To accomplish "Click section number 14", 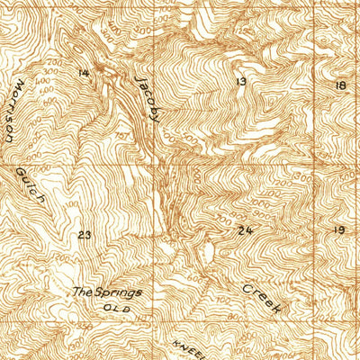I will tap(84, 73).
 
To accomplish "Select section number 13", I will tap(240, 82).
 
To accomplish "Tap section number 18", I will tap(339, 85).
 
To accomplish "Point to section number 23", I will tap(85, 235).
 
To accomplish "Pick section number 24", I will tap(246, 230).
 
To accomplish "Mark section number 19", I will tap(339, 230).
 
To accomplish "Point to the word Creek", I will tap(263, 299).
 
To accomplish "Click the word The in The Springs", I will tap(83, 292).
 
